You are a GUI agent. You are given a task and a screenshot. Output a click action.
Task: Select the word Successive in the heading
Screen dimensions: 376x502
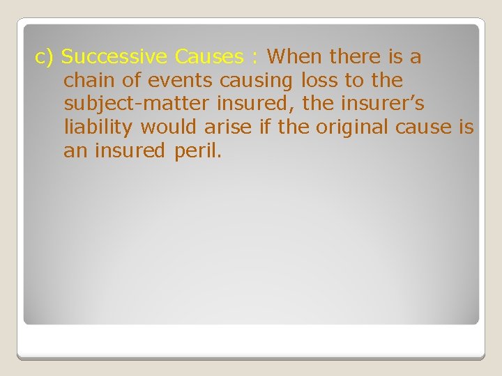coord(116,57)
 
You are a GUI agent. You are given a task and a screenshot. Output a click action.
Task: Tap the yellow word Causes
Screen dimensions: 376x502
coord(210,57)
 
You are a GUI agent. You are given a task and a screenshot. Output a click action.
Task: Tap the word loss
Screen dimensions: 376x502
coord(321,81)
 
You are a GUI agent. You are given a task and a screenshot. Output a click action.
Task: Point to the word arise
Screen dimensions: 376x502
coord(230,128)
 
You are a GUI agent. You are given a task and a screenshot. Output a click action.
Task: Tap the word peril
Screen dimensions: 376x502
coord(198,152)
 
